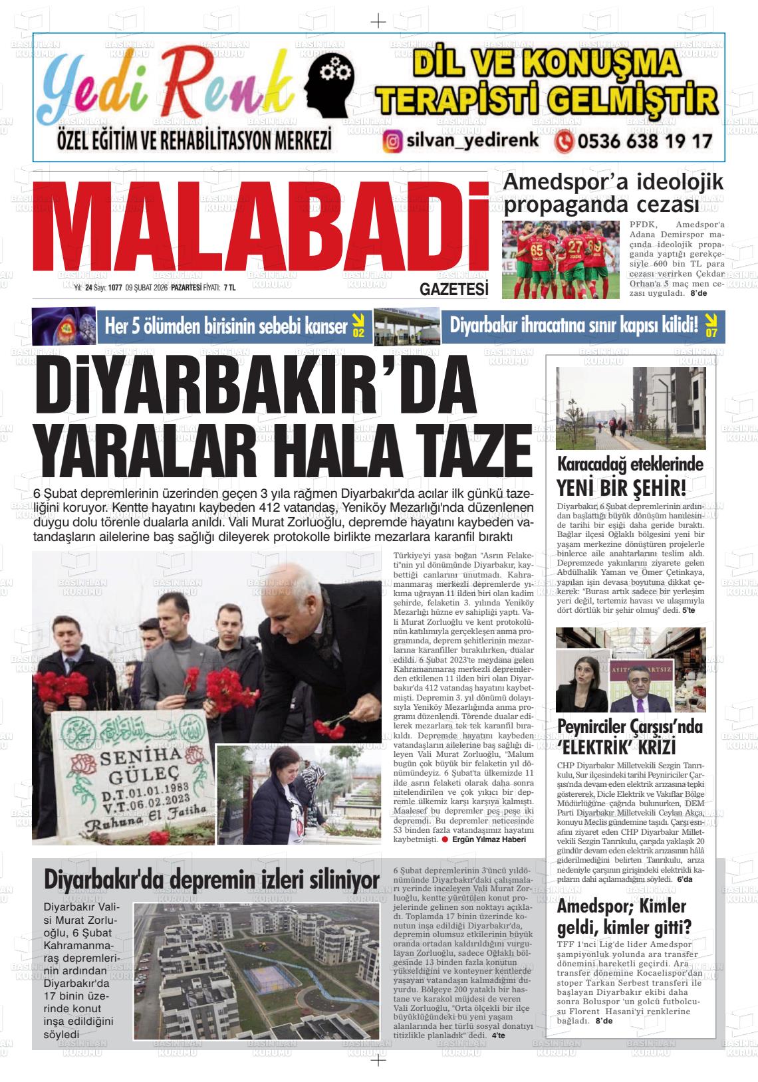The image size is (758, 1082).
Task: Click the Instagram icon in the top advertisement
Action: click(x=393, y=142)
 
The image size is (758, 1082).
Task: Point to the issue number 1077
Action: click(x=115, y=288)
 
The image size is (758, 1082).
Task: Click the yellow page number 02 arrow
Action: click(x=358, y=325)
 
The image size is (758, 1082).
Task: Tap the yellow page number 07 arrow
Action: click(x=711, y=325)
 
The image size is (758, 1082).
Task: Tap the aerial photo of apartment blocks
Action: click(x=257, y=970)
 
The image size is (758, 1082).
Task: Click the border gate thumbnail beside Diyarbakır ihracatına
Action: click(x=407, y=326)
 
